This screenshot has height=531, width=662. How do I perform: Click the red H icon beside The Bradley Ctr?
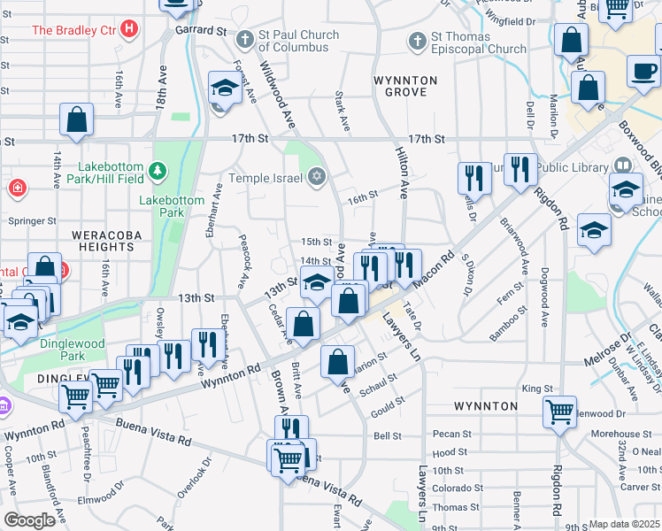click(130, 29)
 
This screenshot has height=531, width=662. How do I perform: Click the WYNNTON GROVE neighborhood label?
click(405, 86)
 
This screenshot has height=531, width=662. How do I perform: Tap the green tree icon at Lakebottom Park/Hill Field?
click(158, 169)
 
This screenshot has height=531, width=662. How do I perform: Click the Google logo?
click(29, 520)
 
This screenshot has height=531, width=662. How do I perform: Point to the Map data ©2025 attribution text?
click(625, 524)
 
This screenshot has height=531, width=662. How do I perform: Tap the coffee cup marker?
click(643, 71)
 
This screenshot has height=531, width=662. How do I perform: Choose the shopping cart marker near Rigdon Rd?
click(559, 411)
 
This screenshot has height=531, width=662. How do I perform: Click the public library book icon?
click(623, 165)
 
